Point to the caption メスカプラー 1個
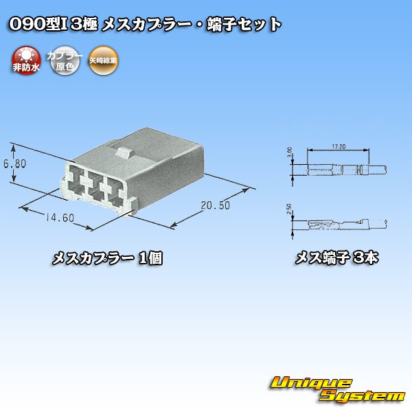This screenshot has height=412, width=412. pyautogui.click(x=108, y=259)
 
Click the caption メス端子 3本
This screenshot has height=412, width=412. pyautogui.click(x=337, y=259)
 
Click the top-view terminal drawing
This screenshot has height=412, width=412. pyautogui.click(x=340, y=167)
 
